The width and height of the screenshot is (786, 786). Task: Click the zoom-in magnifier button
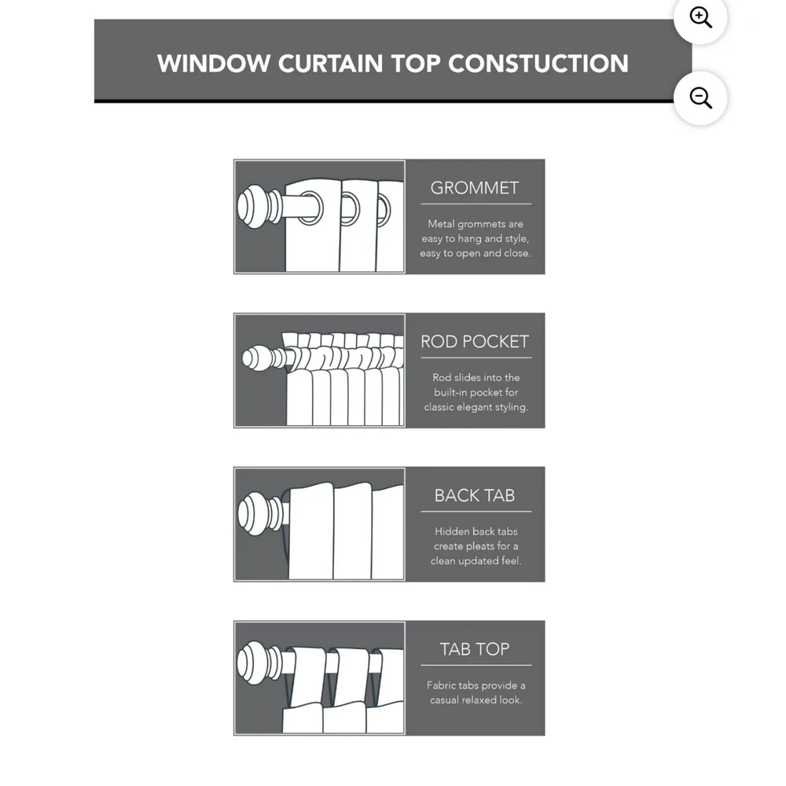click(700, 17)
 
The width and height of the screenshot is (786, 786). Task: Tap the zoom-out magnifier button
click(700, 97)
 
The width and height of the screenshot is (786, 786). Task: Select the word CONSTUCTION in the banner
click(538, 64)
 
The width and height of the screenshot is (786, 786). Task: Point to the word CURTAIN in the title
click(330, 64)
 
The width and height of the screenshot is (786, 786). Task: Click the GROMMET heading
click(475, 188)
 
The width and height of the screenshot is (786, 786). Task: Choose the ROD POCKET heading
click(475, 342)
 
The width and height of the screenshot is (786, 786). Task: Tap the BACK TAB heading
click(475, 496)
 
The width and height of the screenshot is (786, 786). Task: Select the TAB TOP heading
click(475, 650)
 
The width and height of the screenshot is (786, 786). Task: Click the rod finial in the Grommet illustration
click(259, 207)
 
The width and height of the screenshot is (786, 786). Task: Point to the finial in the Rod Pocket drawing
click(263, 358)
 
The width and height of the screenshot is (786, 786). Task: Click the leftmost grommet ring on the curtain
click(310, 208)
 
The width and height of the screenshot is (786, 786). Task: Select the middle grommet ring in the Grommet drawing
click(351, 209)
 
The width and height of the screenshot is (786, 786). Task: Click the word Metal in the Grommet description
click(441, 224)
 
